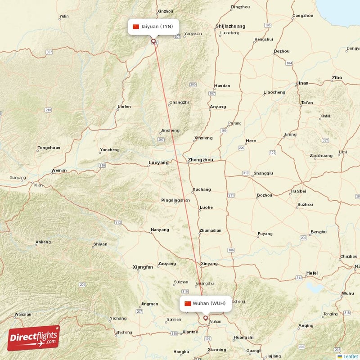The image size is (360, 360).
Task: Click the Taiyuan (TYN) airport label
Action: [x=156, y=27]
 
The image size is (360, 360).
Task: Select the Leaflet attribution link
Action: [x=351, y=356]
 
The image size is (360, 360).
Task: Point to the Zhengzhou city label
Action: [x=200, y=160]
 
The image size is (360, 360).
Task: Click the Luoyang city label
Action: [x=159, y=162]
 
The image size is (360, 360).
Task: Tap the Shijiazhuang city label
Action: [x=230, y=27]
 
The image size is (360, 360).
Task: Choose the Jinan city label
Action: [x=302, y=83]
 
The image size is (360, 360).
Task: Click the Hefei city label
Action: [x=311, y=273]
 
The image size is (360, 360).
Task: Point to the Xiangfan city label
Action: [x=143, y=267]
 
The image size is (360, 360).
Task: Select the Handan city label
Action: [x=222, y=85]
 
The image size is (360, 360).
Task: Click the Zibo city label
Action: [x=337, y=78]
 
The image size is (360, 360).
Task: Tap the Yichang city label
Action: [x=118, y=318]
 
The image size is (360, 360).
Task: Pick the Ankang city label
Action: [x=43, y=242]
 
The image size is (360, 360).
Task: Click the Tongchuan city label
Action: [x=49, y=148]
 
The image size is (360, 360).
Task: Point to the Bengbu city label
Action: [x=319, y=232]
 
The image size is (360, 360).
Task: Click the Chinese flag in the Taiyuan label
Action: [x=136, y=27]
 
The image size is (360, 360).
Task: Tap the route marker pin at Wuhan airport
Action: [x=206, y=318]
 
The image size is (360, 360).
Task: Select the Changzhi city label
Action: [x=179, y=103]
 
